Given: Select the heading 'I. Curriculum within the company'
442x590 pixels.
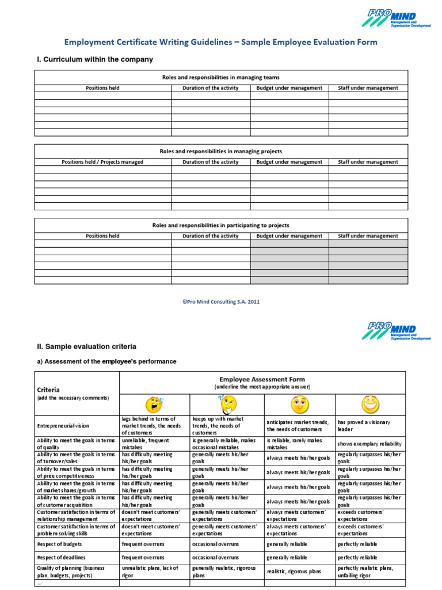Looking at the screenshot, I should click(94, 59).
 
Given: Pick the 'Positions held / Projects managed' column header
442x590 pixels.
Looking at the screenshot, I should click(102, 162).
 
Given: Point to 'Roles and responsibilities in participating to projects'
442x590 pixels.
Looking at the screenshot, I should click(220, 225).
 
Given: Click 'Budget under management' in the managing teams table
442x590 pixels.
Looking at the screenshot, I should click(289, 88).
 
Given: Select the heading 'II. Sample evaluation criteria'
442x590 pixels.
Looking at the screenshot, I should click(86, 347).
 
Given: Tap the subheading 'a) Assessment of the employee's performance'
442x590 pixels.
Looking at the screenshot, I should click(106, 361).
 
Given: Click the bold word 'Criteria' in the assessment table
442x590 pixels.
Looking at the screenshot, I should click(48, 389).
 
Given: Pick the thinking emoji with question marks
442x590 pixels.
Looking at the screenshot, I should click(226, 404).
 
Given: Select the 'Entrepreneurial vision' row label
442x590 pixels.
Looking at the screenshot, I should click(63, 426).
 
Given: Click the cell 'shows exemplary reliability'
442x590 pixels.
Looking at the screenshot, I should click(369, 444).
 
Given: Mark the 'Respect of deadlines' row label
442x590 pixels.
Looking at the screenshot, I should click(61, 557).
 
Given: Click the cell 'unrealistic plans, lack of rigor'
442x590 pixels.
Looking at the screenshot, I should click(151, 571).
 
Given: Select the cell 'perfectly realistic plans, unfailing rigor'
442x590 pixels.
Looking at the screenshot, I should click(366, 571).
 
